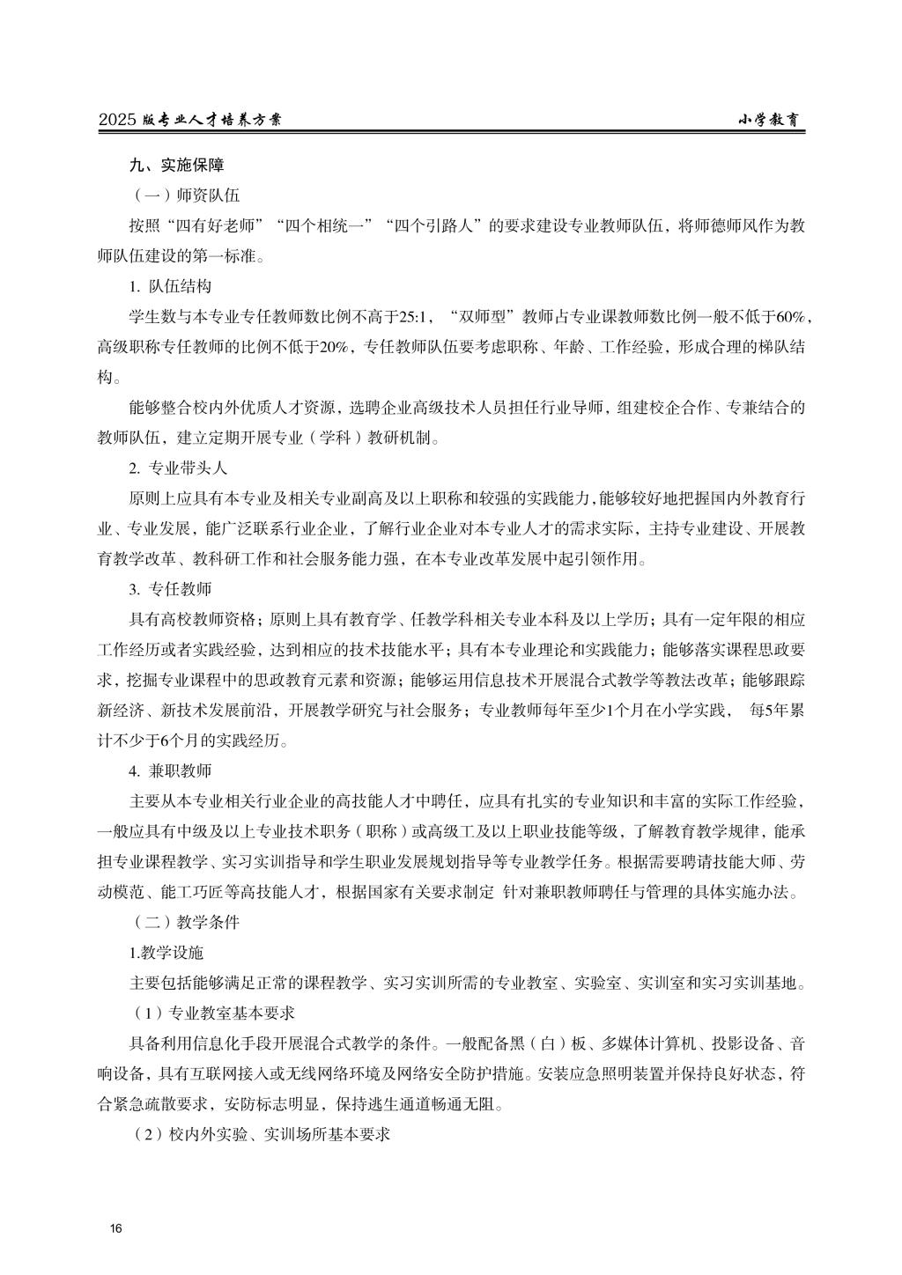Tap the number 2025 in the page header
pyautogui.click(x=118, y=122)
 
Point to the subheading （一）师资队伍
pyautogui.click(x=184, y=195)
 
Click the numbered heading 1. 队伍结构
pyautogui.click(x=170, y=287)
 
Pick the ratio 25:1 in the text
pyautogui.click(x=416, y=317)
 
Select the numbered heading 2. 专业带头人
pyautogui.click(x=178, y=468)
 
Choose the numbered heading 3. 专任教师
pyautogui.click(x=170, y=588)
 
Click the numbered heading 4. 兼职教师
pyautogui.click(x=170, y=770)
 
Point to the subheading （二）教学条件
pyautogui.click(x=184, y=922)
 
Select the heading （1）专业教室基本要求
pyautogui.click(x=211, y=1013)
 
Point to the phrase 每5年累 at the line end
pyautogui.click(x=776, y=710)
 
